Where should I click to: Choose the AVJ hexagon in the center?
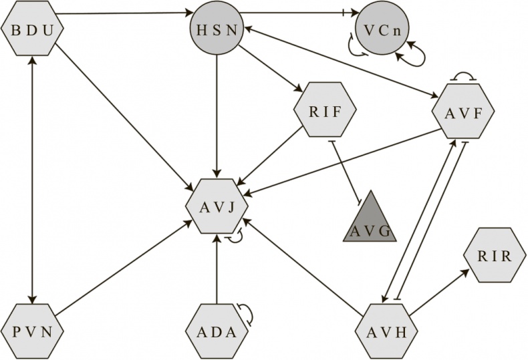pyautogui.click(x=216, y=205)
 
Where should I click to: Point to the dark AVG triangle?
pyautogui.click(x=370, y=222)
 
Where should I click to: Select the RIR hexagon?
pyautogui.click(x=494, y=255)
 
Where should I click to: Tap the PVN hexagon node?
pyautogui.click(x=32, y=331)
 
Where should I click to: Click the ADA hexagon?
pyautogui.click(x=216, y=331)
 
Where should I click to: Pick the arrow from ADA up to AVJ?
pyautogui.click(x=216, y=267)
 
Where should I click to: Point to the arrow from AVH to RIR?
pyautogui.click(x=438, y=293)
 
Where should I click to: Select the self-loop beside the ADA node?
pyautogui.click(x=246, y=314)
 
